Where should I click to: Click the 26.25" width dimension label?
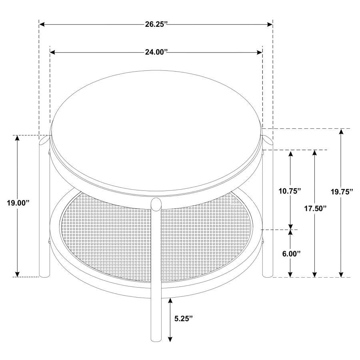tap(156, 24)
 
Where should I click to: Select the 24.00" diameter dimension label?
tap(156, 52)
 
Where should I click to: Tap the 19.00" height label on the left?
tap(18, 203)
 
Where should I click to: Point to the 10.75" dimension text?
tap(290, 191)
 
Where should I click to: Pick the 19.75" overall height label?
tap(341, 192)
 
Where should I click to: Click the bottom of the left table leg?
tap(44, 274)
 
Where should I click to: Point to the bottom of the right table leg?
tap(267, 274)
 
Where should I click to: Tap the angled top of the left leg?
tap(44, 140)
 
